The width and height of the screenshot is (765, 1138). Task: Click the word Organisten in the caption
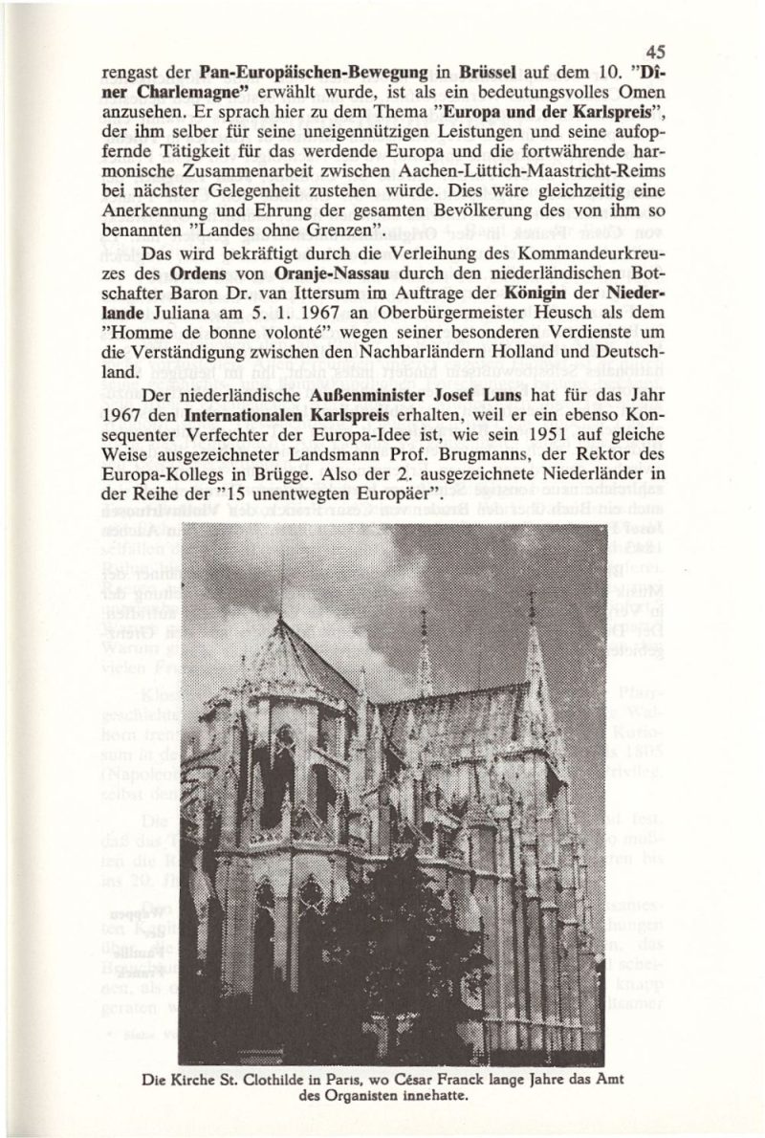tap(360, 1097)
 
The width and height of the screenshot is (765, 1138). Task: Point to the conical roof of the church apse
tap(287, 660)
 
